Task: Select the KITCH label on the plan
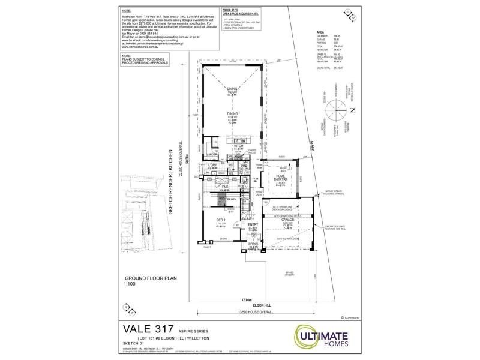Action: (x=238, y=146)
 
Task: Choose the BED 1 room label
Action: (x=220, y=221)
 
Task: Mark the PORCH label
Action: (x=253, y=244)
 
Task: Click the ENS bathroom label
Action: (x=226, y=187)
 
